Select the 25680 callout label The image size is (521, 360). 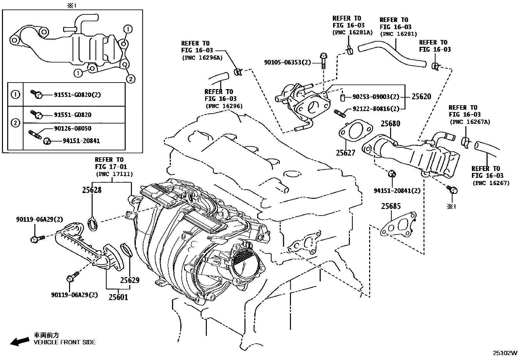click(x=390, y=123)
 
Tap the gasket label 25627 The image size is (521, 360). click(x=345, y=153)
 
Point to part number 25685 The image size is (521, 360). click(x=391, y=206)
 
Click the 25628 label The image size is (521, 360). click(x=92, y=190)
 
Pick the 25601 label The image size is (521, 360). click(x=118, y=297)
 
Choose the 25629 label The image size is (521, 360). click(x=130, y=280)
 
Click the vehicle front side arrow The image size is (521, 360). click(x=19, y=341)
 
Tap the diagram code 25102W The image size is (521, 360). click(x=506, y=353)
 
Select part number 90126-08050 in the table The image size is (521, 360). click(x=72, y=128)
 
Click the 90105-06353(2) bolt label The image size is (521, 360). click(x=287, y=62)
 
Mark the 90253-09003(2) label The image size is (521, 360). click(x=376, y=97)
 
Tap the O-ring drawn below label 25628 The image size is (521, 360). click(x=93, y=224)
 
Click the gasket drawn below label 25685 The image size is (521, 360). click(x=398, y=225)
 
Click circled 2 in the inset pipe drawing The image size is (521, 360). click(x=130, y=79)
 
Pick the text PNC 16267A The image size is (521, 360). click(x=470, y=122)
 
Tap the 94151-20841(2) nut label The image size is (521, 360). click(x=397, y=191)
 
